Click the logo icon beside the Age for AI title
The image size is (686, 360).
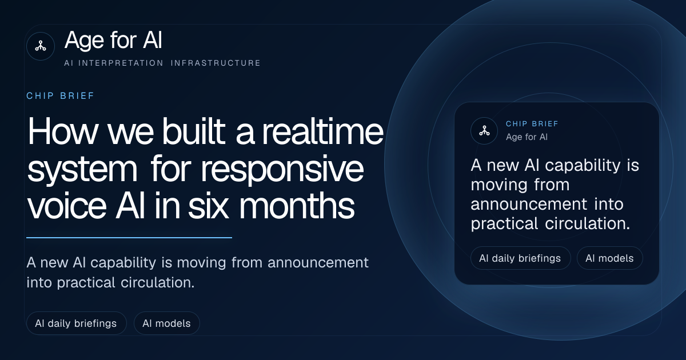(41, 46)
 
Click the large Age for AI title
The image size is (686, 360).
(113, 40)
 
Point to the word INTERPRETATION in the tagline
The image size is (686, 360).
(121, 63)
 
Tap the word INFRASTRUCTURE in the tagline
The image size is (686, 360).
(216, 63)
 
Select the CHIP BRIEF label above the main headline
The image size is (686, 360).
(61, 96)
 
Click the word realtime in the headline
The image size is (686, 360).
(323, 132)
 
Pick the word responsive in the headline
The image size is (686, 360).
(282, 169)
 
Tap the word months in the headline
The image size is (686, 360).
(297, 205)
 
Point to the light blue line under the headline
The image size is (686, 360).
(129, 237)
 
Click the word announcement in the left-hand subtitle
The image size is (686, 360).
(318, 263)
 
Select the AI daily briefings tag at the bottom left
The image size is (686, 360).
(76, 323)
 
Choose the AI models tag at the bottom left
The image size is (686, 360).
(166, 323)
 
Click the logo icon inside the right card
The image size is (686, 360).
(484, 131)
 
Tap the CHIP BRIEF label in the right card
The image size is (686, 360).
(532, 123)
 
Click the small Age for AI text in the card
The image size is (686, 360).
(527, 137)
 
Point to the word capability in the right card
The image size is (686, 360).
(583, 166)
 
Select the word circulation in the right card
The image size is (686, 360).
(588, 223)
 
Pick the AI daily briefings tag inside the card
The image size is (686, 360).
(521, 258)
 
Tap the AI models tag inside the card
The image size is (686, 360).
(609, 258)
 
